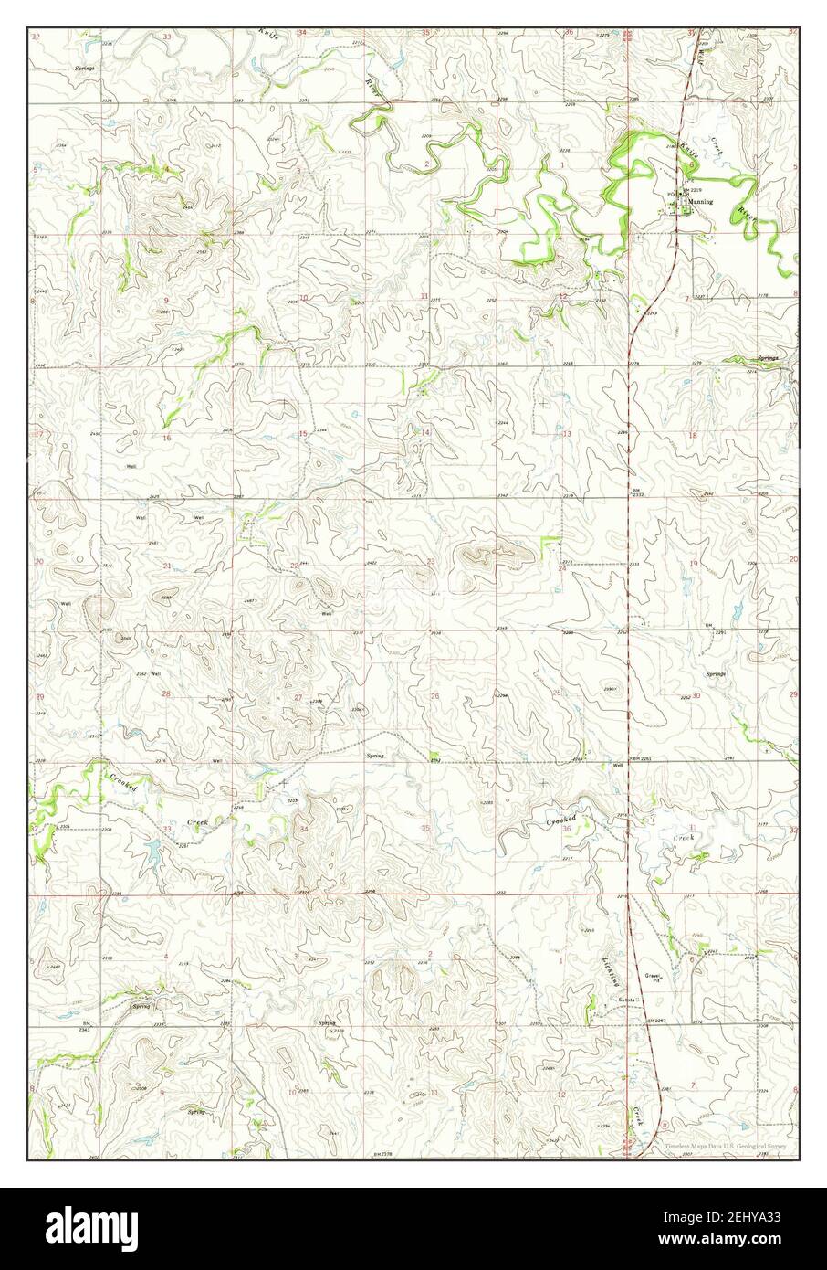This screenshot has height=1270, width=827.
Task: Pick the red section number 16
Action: click(x=166, y=439)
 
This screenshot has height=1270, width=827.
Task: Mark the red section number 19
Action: click(x=693, y=564)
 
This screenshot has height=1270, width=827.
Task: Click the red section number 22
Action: click(x=294, y=566)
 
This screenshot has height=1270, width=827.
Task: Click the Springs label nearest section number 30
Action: click(x=715, y=673)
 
